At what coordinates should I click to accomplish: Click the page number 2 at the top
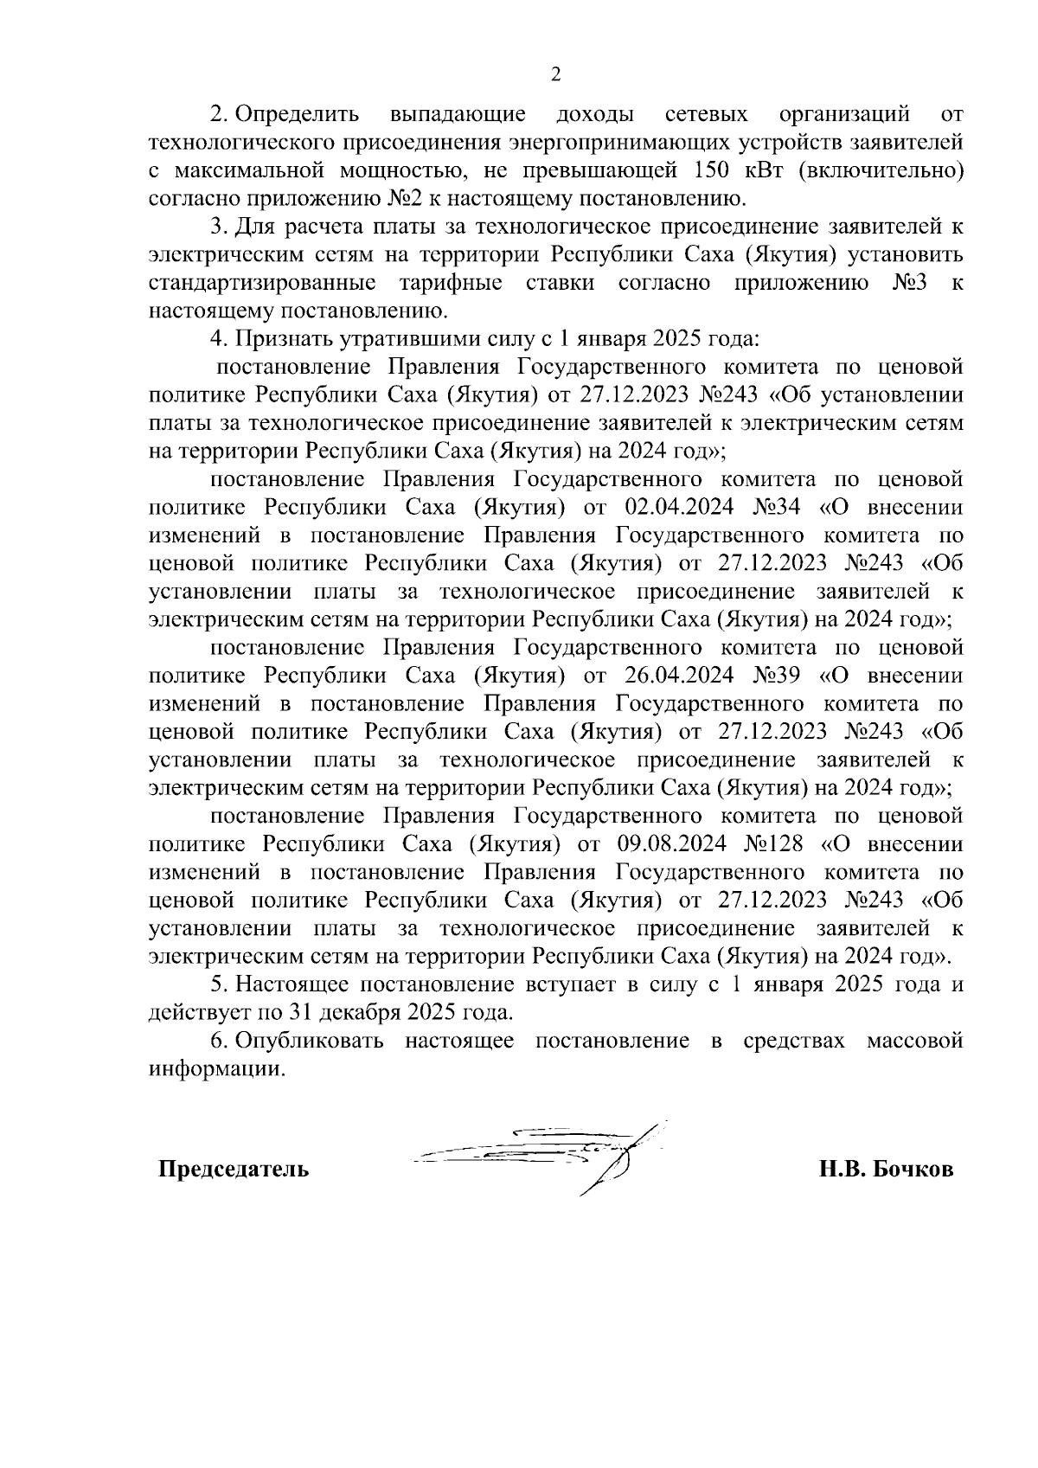click(556, 74)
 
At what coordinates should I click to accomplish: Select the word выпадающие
click(458, 113)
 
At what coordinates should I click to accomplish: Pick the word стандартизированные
click(262, 282)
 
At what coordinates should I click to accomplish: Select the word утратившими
click(336, 338)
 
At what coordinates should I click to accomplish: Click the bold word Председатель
click(233, 1170)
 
